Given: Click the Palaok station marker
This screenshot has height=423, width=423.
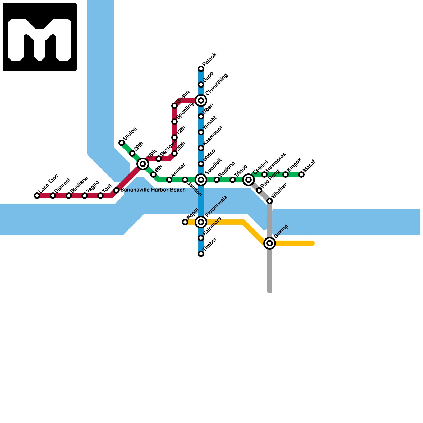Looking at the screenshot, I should pyautogui.click(x=201, y=69).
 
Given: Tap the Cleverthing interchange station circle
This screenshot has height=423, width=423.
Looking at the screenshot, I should pyautogui.click(x=201, y=100).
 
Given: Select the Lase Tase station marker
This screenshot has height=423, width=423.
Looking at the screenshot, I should pyautogui.click(x=37, y=196).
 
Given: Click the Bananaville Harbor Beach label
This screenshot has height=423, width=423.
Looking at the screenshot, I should pyautogui.click(x=153, y=190).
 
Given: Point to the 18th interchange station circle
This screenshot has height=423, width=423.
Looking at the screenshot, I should pyautogui.click(x=143, y=164).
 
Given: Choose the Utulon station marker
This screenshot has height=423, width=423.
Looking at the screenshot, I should pyautogui.click(x=122, y=143).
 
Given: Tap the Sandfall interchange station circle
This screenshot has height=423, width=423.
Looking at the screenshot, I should pyautogui.click(x=201, y=180).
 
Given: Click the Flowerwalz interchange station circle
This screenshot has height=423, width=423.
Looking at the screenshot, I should pyautogui.click(x=201, y=222).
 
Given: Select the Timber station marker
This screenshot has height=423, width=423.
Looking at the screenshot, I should pyautogui.click(x=201, y=254).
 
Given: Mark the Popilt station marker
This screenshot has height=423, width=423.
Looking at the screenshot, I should pyautogui.click(x=185, y=222).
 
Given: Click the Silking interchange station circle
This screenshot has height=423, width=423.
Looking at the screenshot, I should pyautogui.click(x=270, y=243).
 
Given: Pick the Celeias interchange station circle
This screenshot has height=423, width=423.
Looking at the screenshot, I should pyautogui.click(x=249, y=180).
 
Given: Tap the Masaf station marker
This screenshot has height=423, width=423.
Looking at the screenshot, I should pyautogui.click(x=301, y=174).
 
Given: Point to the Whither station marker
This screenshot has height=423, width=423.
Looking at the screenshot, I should pyautogui.click(x=270, y=201).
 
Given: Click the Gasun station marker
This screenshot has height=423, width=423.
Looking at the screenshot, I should pyautogui.click(x=174, y=106).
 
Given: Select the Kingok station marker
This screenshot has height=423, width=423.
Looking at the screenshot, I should pyautogui.click(x=286, y=174).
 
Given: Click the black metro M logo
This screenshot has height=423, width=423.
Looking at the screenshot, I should pyautogui.click(x=40, y=37).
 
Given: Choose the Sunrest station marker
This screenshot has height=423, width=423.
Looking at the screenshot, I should pyautogui.click(x=53, y=196).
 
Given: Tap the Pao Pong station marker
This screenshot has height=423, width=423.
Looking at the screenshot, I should pyautogui.click(x=259, y=190).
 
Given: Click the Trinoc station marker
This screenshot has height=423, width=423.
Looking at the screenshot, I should pyautogui.click(x=233, y=180).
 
